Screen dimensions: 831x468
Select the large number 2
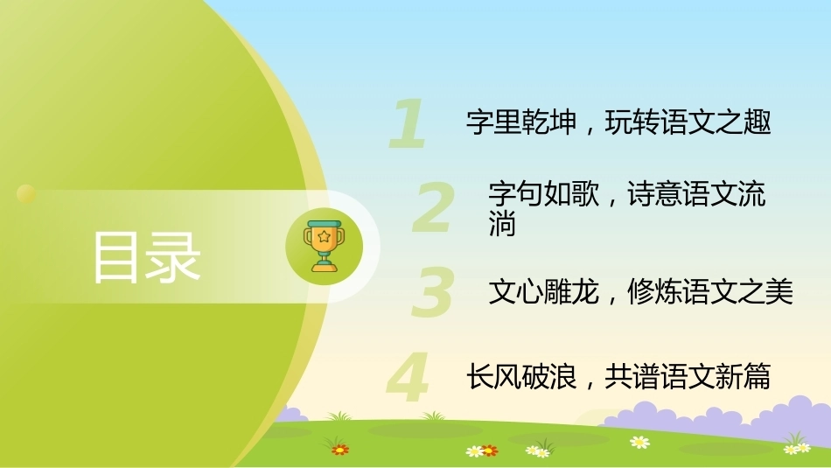(x=434, y=207)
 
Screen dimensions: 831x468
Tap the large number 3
(x=433, y=291)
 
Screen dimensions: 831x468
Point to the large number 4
(x=409, y=377)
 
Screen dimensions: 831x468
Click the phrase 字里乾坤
(x=521, y=122)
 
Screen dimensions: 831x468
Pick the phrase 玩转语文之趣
(x=688, y=122)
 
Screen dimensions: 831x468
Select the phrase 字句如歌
(x=544, y=193)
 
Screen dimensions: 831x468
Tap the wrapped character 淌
(x=502, y=224)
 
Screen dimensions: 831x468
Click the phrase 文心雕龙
(x=544, y=291)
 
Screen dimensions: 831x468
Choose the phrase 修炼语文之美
(x=710, y=291)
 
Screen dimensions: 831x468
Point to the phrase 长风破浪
(x=521, y=377)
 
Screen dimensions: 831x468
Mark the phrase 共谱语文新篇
(x=688, y=377)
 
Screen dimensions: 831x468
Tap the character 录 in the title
(x=173, y=257)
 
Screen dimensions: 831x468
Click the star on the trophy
(x=324, y=236)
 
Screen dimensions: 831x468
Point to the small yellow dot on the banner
(x=26, y=194)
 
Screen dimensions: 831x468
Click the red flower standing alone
(x=339, y=450)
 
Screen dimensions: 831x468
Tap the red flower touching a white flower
(x=490, y=451)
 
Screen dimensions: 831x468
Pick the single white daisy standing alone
(x=639, y=442)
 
